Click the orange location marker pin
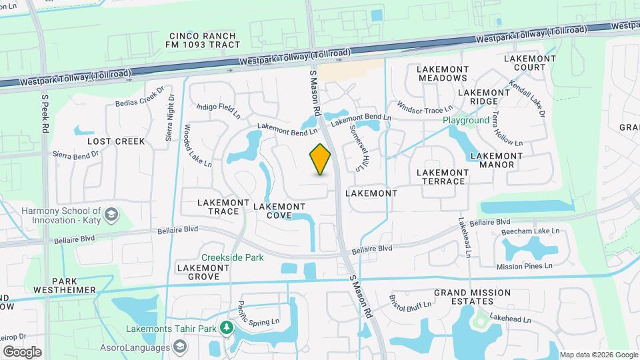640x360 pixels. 321,159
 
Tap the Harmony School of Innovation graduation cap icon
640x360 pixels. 111,215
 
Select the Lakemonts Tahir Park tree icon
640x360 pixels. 227,328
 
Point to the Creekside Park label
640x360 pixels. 233,257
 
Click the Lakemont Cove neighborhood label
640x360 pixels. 280,211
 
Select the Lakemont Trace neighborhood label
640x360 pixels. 218,207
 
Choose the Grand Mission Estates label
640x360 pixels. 472,297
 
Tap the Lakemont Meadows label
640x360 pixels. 443,73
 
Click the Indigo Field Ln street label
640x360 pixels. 219,111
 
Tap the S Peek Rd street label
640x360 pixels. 45,112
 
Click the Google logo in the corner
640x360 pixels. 22,351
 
